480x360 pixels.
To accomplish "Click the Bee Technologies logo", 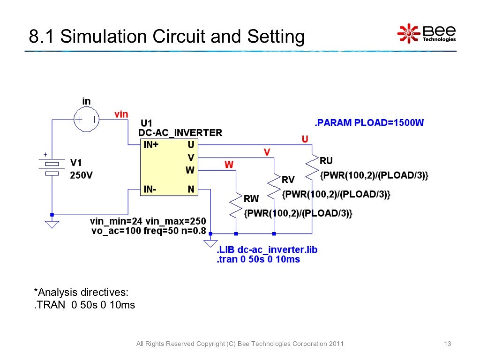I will pyautogui.click(x=426, y=33).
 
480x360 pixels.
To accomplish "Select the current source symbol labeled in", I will pyautogui.click(x=86, y=120).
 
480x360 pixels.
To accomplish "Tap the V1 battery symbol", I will pyautogui.click(x=52, y=167).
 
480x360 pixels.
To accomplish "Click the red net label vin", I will pyautogui.click(x=121, y=114).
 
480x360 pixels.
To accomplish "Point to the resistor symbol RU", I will pyautogui.click(x=311, y=167).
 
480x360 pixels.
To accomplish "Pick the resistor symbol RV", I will pyautogui.click(x=273, y=186).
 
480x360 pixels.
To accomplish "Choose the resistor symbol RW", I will pyautogui.click(x=236, y=205).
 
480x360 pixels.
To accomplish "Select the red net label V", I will pyautogui.click(x=267, y=152).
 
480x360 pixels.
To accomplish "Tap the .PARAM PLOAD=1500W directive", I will pyautogui.click(x=369, y=123).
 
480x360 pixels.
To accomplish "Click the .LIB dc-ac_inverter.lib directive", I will pyautogui.click(x=267, y=249).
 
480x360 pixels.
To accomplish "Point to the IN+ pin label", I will pyautogui.click(x=151, y=145).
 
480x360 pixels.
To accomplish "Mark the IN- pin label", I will pyautogui.click(x=150, y=189).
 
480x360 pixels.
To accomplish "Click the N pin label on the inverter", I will pyautogui.click(x=191, y=189).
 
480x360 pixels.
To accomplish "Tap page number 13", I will pyautogui.click(x=447, y=344).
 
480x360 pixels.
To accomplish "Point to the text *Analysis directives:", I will pyautogui.click(x=81, y=292).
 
